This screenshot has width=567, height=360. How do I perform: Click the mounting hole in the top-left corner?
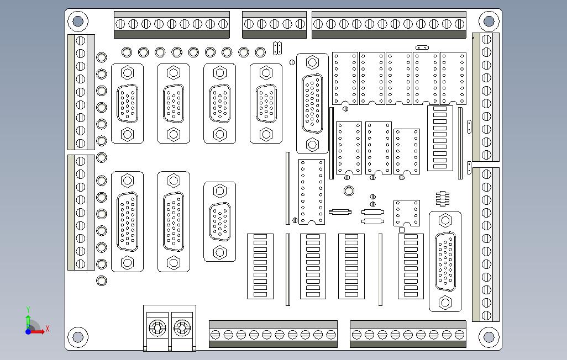pyautogui.click(x=77, y=22)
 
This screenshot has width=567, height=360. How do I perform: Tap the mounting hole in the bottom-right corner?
pyautogui.click(x=489, y=336)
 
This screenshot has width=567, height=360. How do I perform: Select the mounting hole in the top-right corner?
pyautogui.click(x=489, y=22)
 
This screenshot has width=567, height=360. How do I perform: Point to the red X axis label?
pyautogui.click(x=48, y=329)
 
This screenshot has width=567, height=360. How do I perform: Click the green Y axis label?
pyautogui.click(x=28, y=310)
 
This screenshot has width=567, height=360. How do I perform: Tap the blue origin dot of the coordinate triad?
pyautogui.click(x=28, y=331)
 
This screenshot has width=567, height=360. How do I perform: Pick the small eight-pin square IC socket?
pyautogui.click(x=407, y=213)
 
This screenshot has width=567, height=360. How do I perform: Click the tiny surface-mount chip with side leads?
pyautogui.click(x=442, y=198)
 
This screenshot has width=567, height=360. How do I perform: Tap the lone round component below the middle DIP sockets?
pyautogui.click(x=349, y=191)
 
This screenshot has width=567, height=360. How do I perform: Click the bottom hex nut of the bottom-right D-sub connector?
pyautogui.click(x=445, y=303)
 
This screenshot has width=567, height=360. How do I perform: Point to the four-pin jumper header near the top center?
pyautogui.click(x=277, y=49)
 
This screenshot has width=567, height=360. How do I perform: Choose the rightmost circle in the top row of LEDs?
pyautogui.click(x=260, y=52)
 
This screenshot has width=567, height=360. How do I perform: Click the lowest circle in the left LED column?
pyautogui.click(x=102, y=280)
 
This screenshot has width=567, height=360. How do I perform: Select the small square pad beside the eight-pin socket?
pyautogui.click(x=402, y=230)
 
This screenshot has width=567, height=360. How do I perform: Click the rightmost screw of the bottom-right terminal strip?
pyautogui.click(x=460, y=335)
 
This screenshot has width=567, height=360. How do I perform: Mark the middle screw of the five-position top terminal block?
pyautogui.click(x=275, y=24)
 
